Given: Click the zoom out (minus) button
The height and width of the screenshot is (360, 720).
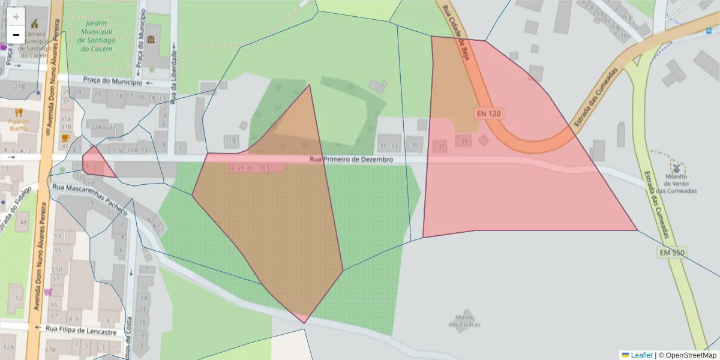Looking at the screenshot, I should (16, 35).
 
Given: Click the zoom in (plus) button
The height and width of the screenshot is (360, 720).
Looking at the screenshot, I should (16, 17).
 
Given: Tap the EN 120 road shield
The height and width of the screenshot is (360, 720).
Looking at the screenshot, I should (488, 113).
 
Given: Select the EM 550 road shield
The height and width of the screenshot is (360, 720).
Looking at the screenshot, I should (672, 253).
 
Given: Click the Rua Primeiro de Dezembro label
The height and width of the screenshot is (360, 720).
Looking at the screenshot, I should (351, 160).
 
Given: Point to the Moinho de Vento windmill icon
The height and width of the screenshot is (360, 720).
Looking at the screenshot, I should (676, 167).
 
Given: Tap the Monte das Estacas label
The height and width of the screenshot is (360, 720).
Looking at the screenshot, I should (464, 321).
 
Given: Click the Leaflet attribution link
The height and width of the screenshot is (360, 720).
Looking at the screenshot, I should (641, 355).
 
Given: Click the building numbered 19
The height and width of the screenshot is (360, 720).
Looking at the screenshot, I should (232, 142).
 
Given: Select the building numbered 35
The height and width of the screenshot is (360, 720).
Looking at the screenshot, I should (414, 145).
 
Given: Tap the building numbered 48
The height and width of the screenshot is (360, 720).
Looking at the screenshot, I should (23, 223).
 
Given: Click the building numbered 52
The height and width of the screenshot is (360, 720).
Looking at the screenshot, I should (19, 298).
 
